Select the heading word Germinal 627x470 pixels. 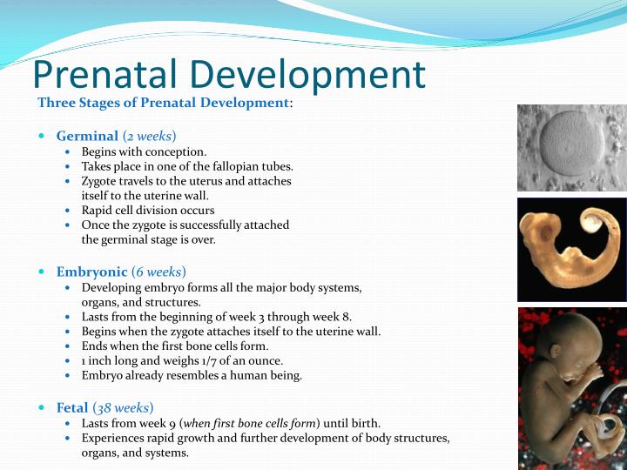coord(87,136)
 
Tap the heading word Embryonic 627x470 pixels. coord(92,272)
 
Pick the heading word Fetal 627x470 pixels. coord(72,407)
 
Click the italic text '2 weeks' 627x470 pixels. coord(149,136)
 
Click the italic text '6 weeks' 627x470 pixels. coord(158,272)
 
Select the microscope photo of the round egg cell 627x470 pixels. coord(571,147)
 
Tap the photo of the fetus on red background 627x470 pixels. coord(571,387)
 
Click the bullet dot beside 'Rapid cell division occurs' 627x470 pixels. coord(70,211)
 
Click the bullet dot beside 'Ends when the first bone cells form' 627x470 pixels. coord(70,346)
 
